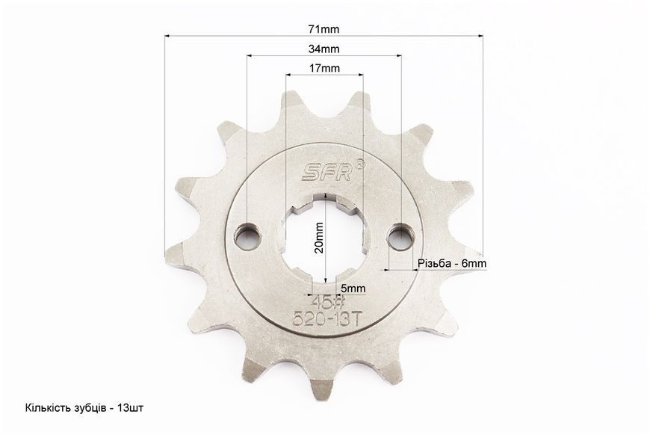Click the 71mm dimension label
pyautogui.click(x=324, y=29)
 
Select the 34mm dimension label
pyautogui.click(x=324, y=49)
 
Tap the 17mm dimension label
pyautogui.click(x=324, y=68)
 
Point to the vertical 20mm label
pyautogui.click(x=319, y=238)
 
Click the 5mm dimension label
pyautogui.click(x=353, y=289)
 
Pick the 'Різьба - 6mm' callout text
pyautogui.click(x=452, y=263)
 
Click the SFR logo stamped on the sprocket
pyautogui.click(x=326, y=171)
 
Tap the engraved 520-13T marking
pyautogui.click(x=328, y=319)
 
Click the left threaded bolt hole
pyautogui.click(x=247, y=238)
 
